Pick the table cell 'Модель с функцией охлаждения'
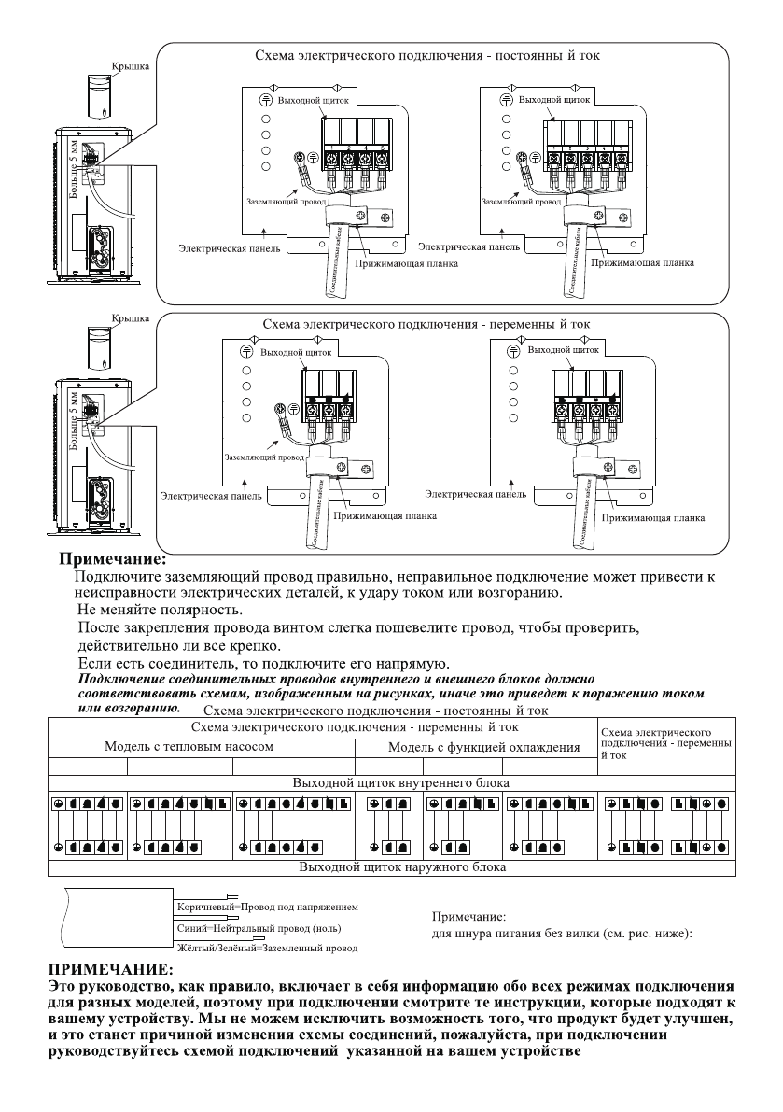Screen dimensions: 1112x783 tap(484, 747)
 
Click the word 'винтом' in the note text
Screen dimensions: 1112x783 tap(306, 627)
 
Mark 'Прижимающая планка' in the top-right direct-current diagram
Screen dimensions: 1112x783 tap(649, 263)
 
